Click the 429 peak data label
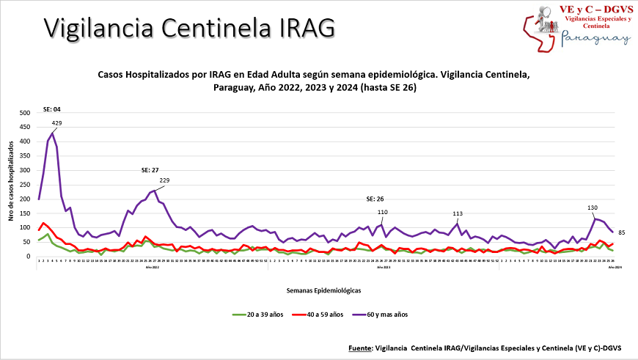point(56,122)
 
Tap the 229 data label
point(164,180)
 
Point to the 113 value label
point(458,214)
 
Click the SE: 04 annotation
point(51,109)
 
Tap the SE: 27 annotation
point(150,170)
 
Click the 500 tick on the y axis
point(25,114)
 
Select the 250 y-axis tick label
point(25,185)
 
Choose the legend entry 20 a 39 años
point(260,315)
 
